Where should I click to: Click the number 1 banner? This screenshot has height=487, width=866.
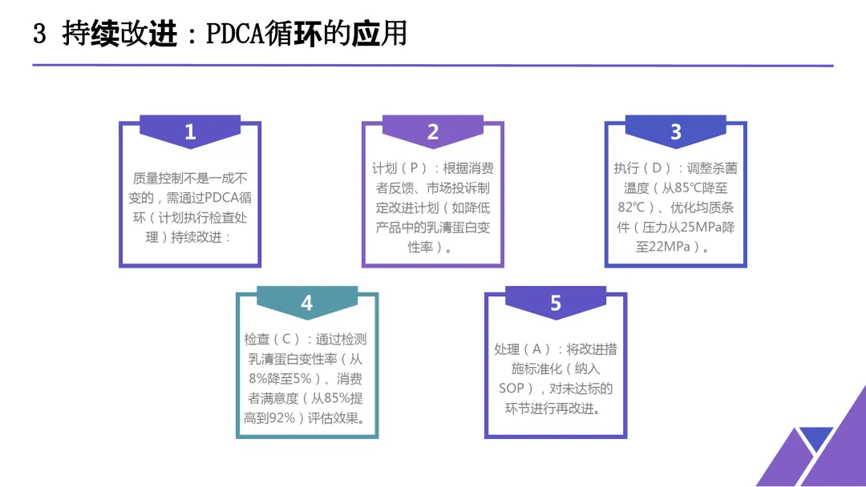pyautogui.click(x=190, y=131)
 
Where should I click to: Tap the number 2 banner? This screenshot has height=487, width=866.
pyautogui.click(x=433, y=131)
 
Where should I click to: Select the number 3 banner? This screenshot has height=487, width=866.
pyautogui.click(x=675, y=131)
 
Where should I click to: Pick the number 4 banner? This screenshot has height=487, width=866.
pyautogui.click(x=307, y=303)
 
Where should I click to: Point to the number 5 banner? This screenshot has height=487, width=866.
pyautogui.click(x=556, y=303)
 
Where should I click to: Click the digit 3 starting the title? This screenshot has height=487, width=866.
pyautogui.click(x=39, y=34)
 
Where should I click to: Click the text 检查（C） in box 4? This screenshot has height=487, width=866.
pyautogui.click(x=273, y=340)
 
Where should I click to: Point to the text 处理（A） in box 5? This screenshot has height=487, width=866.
pyautogui.click(x=523, y=350)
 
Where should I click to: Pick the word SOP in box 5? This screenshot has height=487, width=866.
pyautogui.click(x=512, y=388)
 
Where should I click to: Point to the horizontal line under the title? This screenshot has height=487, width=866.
pyautogui.click(x=433, y=66)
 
